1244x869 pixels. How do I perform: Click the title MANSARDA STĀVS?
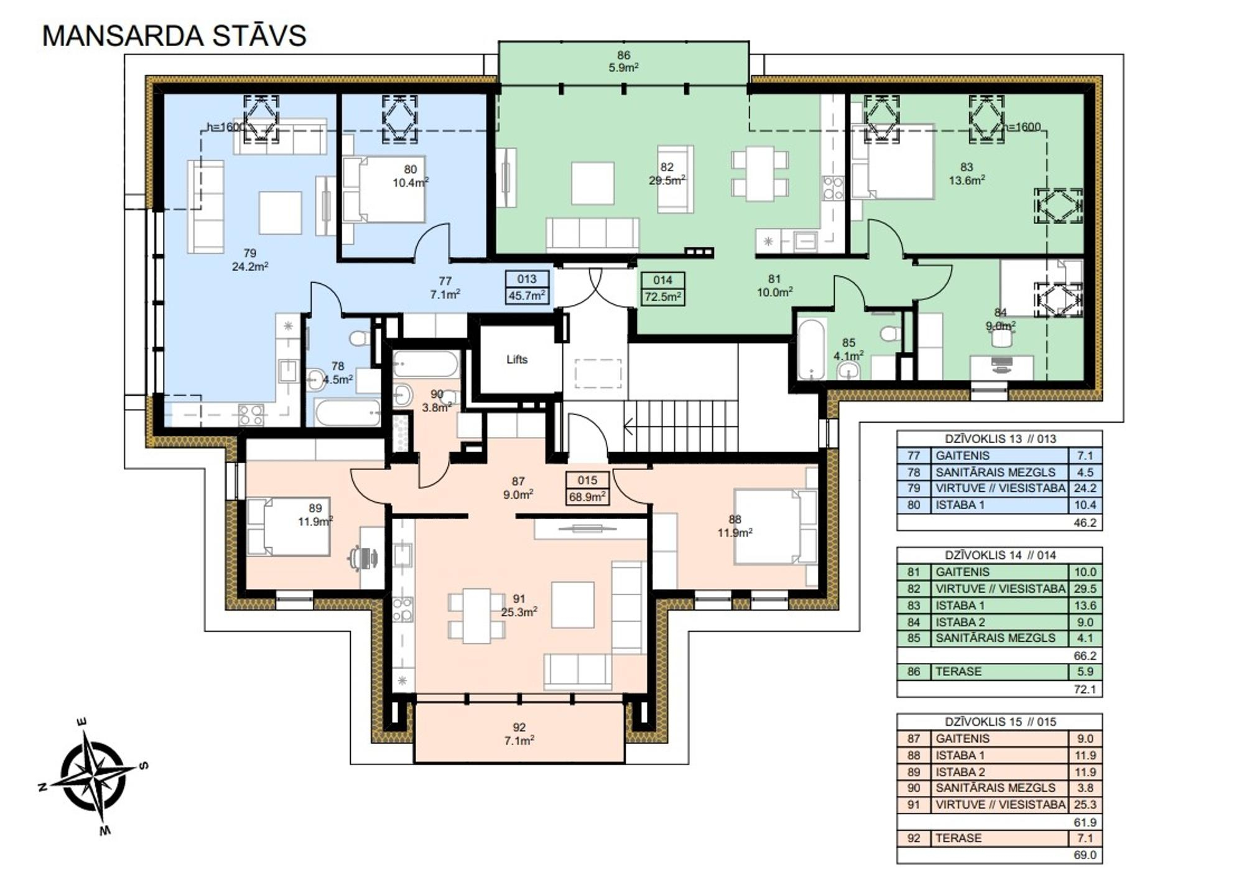[x=174, y=35]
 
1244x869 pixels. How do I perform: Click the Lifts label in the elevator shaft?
[x=517, y=359]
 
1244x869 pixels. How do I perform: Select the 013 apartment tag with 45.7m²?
[x=527, y=287]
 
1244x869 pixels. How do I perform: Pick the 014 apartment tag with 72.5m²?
[x=663, y=288]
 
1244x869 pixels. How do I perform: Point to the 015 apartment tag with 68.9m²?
[x=587, y=488]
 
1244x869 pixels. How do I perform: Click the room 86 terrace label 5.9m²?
[x=623, y=62]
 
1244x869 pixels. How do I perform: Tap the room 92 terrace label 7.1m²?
[x=519, y=734]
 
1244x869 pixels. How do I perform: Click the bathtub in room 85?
[x=811, y=349]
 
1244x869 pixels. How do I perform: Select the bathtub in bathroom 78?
[x=347, y=413]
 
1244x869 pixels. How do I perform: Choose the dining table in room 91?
[x=476, y=616]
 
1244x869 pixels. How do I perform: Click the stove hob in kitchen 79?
[x=251, y=415]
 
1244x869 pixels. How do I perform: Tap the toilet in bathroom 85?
[x=890, y=334]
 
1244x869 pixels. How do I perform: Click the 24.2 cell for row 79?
[x=1084, y=488]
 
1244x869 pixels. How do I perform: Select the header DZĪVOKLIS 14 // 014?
[x=1000, y=555]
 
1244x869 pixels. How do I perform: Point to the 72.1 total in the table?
[x=1085, y=689]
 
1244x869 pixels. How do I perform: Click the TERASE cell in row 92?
[x=958, y=838]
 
